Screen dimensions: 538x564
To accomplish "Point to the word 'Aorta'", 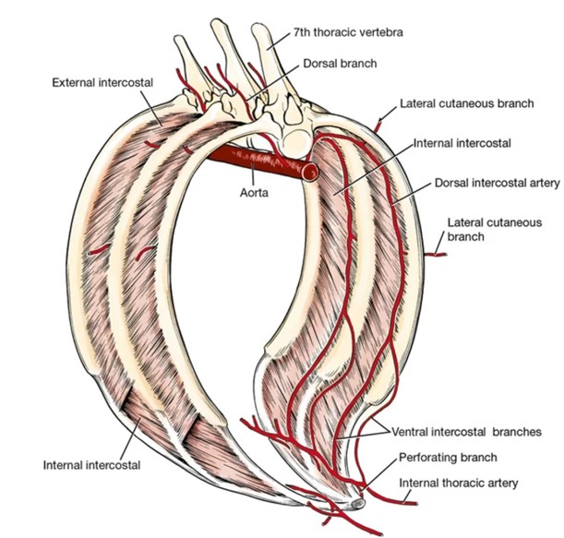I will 252,194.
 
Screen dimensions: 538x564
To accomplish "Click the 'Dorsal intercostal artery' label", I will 498,184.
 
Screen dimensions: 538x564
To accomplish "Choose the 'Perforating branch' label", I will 449,457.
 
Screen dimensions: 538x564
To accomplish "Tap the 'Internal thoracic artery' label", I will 459,483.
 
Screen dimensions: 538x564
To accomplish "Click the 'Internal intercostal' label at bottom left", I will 91,464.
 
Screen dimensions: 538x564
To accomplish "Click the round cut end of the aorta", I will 310,172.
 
